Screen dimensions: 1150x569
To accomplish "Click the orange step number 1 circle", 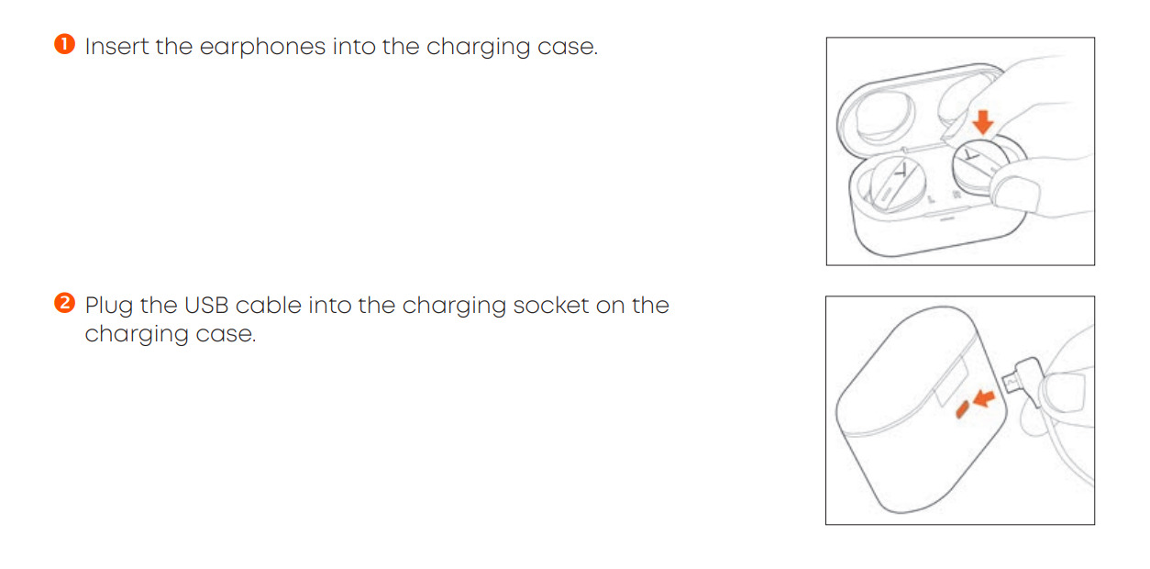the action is (x=65, y=44).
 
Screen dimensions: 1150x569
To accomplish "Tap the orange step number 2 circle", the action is (x=65, y=303).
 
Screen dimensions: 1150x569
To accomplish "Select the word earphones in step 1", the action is (x=262, y=48).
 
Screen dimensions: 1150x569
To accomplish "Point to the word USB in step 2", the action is (x=205, y=306).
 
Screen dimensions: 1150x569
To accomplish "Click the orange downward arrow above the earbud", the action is (x=983, y=122).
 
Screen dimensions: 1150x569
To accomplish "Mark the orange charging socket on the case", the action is (x=962, y=409).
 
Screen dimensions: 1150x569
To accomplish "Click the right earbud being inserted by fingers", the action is (x=978, y=167).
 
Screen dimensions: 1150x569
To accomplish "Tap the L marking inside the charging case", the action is (x=932, y=199).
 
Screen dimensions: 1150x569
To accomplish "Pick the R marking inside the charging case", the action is (x=956, y=195).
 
